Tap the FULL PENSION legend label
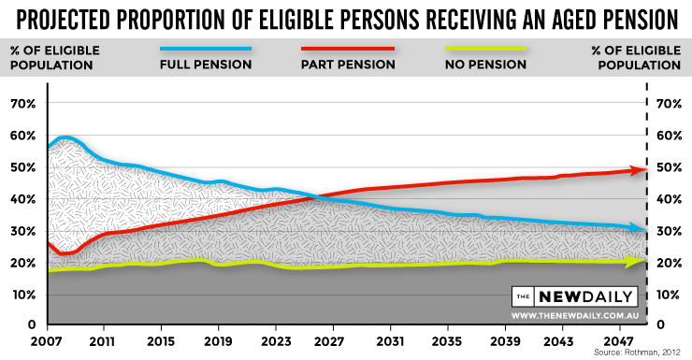pyautogui.click(x=205, y=65)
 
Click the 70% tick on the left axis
pyautogui.click(x=22, y=103)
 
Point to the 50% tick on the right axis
pyautogui.click(x=670, y=167)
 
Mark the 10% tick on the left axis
pyautogui.click(x=22, y=295)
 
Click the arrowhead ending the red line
pyautogui.click(x=641, y=170)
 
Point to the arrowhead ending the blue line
pyautogui.click(x=641, y=229)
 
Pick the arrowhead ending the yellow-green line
pyautogui.click(x=641, y=261)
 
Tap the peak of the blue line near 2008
pyautogui.click(x=65, y=138)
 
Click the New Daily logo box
pyautogui.click(x=574, y=297)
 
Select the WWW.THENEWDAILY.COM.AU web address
pyautogui.click(x=574, y=316)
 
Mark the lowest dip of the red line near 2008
pyautogui.click(x=63, y=253)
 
